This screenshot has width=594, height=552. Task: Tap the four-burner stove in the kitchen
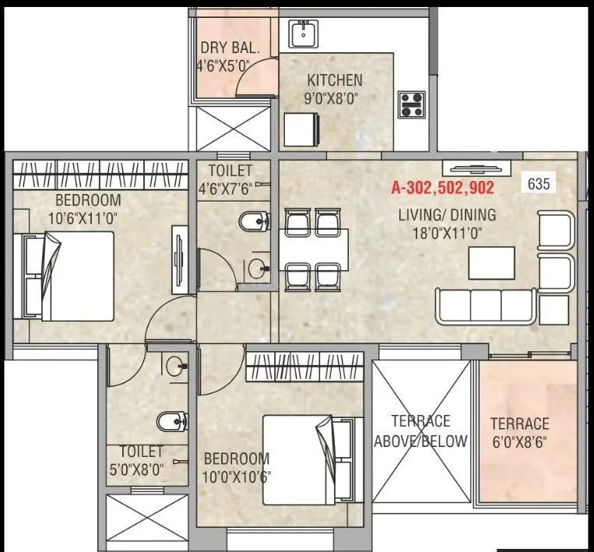click(412, 104)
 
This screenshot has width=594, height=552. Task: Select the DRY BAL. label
click(225, 46)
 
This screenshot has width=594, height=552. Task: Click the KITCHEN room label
click(334, 79)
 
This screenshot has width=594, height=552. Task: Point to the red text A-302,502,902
click(442, 188)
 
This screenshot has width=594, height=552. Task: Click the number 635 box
click(539, 184)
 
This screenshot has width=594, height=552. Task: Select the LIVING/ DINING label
click(447, 216)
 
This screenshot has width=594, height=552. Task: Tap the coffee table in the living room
click(490, 262)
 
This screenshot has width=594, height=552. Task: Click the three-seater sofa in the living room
click(485, 306)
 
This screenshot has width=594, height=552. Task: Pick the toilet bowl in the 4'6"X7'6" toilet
click(253, 221)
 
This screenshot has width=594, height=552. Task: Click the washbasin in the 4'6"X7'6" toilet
click(256, 269)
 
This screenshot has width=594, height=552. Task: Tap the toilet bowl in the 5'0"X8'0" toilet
click(169, 421)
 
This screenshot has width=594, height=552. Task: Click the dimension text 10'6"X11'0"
click(84, 219)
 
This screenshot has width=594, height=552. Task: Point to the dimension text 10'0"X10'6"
click(237, 476)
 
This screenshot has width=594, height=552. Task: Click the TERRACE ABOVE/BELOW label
click(420, 431)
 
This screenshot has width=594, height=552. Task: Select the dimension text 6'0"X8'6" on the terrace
click(519, 445)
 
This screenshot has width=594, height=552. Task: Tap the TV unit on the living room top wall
click(476, 167)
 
